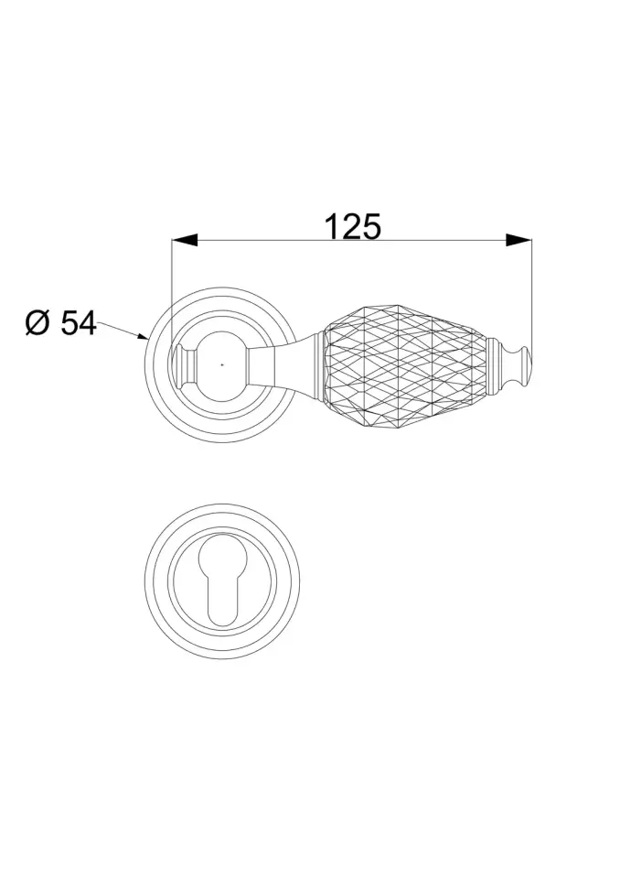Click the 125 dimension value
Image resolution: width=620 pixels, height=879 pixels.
point(353,226)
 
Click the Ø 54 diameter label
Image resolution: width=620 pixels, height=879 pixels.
point(60,323)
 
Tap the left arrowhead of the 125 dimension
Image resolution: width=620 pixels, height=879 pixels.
point(185,241)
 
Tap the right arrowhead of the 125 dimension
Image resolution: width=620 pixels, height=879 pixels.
point(518,241)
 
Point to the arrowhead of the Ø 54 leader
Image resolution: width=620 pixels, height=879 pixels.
point(143,336)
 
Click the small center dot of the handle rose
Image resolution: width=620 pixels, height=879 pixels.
point(222,365)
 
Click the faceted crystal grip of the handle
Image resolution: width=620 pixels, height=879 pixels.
point(405,365)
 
